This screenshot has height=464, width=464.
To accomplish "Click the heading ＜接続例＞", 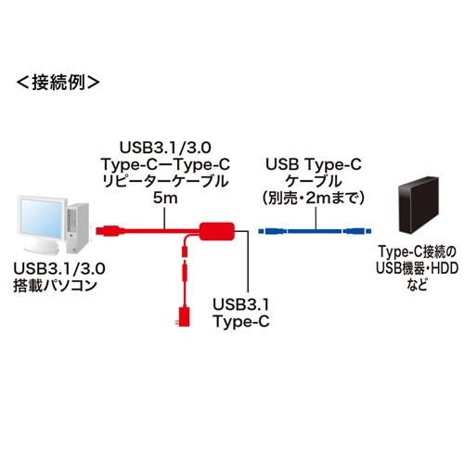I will click(x=57, y=82).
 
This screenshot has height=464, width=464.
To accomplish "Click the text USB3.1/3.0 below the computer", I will click(x=56, y=267).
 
